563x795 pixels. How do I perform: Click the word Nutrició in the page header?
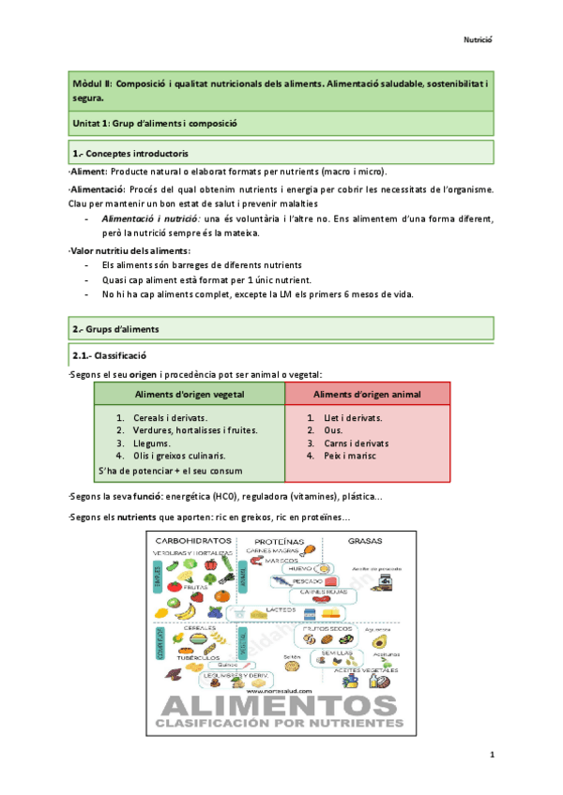pyautogui.click(x=479, y=39)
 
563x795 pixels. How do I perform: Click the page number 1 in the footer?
pyautogui.click(x=492, y=755)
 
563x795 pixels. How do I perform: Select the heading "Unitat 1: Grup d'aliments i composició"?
pyautogui.click(x=155, y=123)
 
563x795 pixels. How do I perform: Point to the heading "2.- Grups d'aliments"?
pyautogui.click(x=116, y=329)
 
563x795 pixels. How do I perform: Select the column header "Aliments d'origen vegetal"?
pyautogui.click(x=189, y=394)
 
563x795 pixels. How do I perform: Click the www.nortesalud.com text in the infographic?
pyautogui.click(x=276, y=687)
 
